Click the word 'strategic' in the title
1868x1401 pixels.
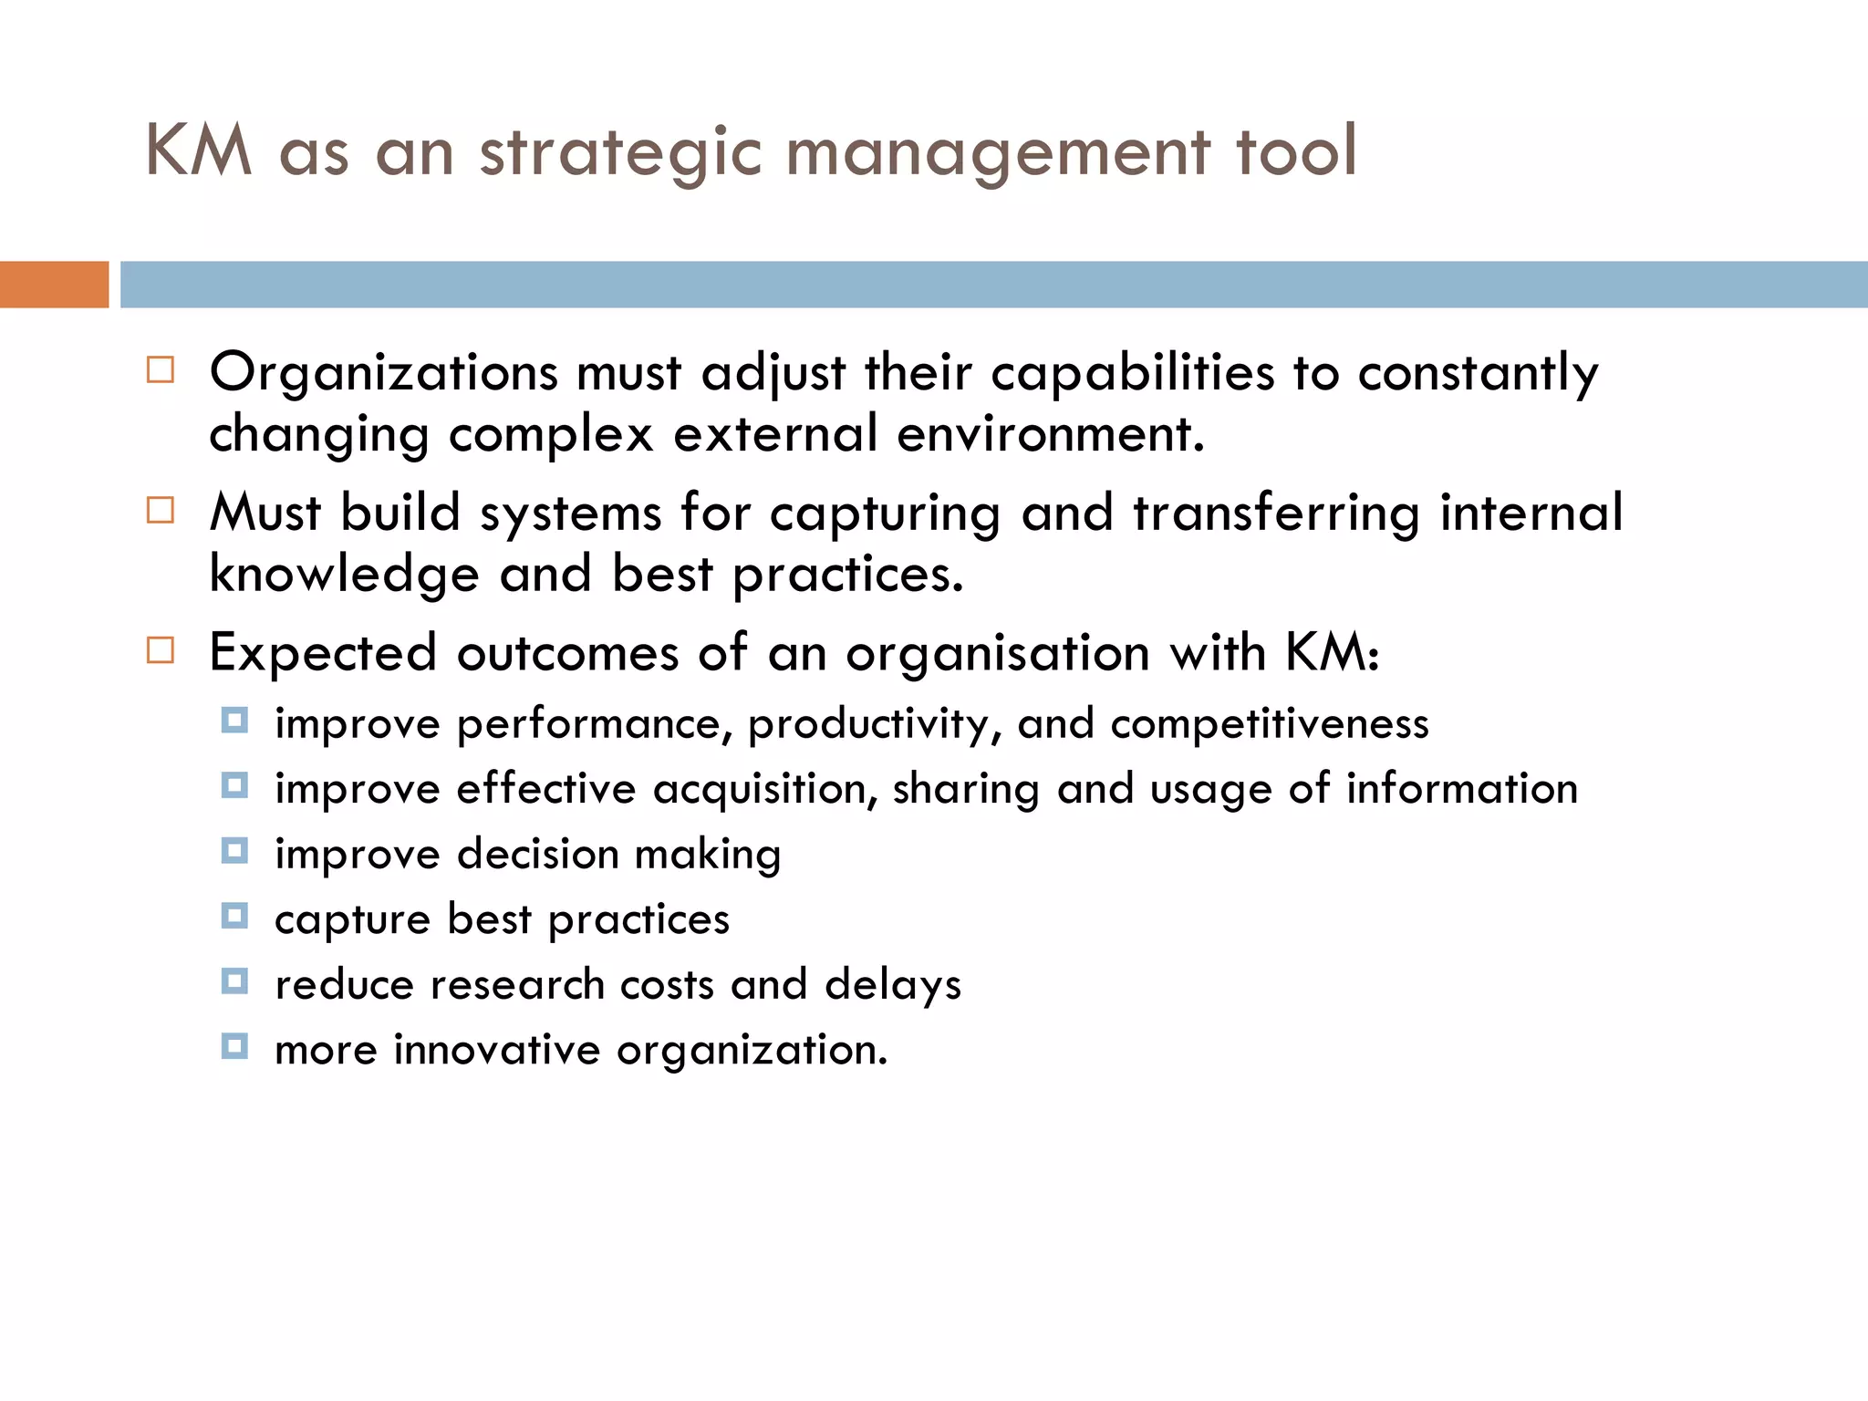point(619,151)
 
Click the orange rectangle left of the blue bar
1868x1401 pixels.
point(54,285)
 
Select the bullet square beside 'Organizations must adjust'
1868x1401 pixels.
point(161,369)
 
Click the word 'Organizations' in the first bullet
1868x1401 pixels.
point(383,374)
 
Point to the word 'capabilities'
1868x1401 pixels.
point(1132,374)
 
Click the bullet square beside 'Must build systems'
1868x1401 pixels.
point(161,510)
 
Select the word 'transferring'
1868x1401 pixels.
point(1276,514)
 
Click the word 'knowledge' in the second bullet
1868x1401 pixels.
point(344,575)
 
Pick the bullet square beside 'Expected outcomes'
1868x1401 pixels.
point(161,650)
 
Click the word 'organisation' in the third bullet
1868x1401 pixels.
point(998,654)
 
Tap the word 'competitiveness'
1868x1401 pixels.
point(1269,724)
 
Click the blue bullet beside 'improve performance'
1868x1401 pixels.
point(234,721)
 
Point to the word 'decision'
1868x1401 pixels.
point(537,855)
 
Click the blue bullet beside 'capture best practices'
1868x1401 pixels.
point(234,916)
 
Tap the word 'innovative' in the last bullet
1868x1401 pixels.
point(496,1050)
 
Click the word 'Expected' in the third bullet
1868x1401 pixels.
point(323,654)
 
